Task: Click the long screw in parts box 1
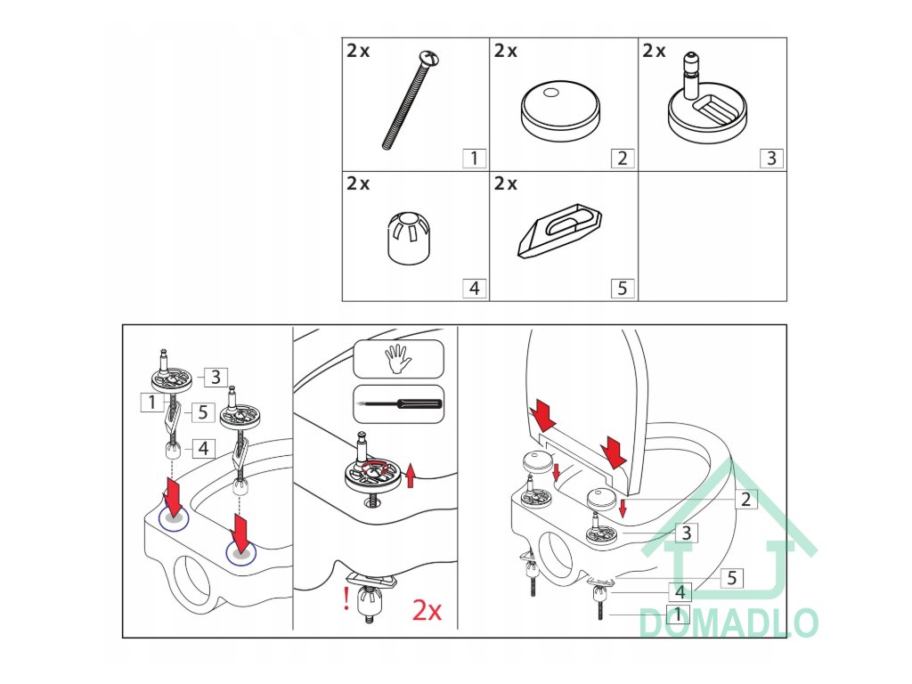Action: click(x=410, y=100)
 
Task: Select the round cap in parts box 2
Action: click(x=561, y=110)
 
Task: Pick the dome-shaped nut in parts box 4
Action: click(x=409, y=238)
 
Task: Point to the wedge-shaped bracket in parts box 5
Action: click(x=559, y=231)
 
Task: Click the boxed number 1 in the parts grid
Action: click(x=474, y=159)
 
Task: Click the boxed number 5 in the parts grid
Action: click(x=623, y=289)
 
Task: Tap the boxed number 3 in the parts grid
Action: click(x=771, y=159)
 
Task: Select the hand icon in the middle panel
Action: click(x=398, y=358)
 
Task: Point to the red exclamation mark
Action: click(x=346, y=598)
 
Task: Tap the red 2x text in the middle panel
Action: click(x=427, y=610)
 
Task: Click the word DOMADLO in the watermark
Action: click(x=729, y=623)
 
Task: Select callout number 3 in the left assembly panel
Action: click(x=216, y=377)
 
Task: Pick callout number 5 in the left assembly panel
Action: click(x=202, y=412)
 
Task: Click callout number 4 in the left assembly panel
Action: click(x=203, y=449)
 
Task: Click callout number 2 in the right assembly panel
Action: click(x=745, y=499)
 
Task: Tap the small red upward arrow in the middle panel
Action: click(x=411, y=476)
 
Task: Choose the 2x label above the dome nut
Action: click(x=358, y=183)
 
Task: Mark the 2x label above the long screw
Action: click(x=358, y=51)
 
